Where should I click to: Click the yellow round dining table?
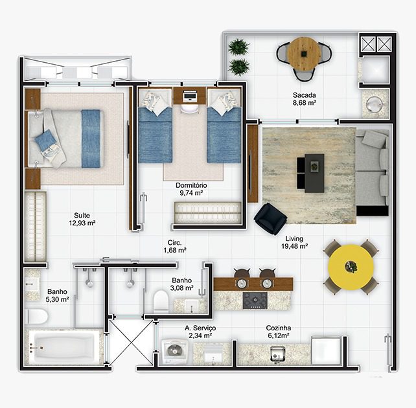pyautogui.click(x=351, y=267)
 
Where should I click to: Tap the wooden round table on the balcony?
pyautogui.click(x=304, y=54)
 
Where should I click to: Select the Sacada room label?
pyautogui.click(x=305, y=95)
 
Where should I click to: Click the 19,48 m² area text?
pyautogui.click(x=294, y=246)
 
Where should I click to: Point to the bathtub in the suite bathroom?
pyautogui.click(x=64, y=347)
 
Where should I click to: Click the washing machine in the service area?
pyautogui.click(x=174, y=351)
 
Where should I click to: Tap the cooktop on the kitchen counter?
pyautogui.click(x=255, y=300)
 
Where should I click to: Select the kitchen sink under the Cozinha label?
pyautogui.click(x=277, y=354)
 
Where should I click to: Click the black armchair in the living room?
pyautogui.click(x=270, y=219)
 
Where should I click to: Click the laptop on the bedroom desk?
pyautogui.click(x=191, y=96)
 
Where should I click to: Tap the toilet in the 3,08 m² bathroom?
pyautogui.click(x=161, y=301)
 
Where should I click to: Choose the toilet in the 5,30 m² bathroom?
pyautogui.click(x=37, y=317)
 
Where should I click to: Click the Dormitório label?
pyautogui.click(x=191, y=185)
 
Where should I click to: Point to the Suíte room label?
pyautogui.click(x=82, y=215)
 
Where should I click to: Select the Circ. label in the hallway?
pyautogui.click(x=174, y=242)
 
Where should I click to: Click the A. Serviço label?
pyautogui.click(x=200, y=328)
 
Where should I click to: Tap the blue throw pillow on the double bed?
pyautogui.click(x=45, y=139)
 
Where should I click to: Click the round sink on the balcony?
pyautogui.click(x=375, y=104)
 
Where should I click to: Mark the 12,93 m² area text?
pyautogui.click(x=82, y=223)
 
